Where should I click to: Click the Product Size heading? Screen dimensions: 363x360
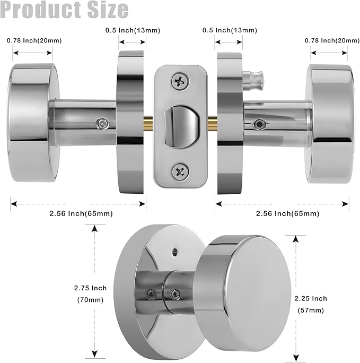point(64,10)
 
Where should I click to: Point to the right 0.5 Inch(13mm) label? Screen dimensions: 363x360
point(231,30)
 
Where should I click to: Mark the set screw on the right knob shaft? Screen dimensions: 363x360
point(259,124)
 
